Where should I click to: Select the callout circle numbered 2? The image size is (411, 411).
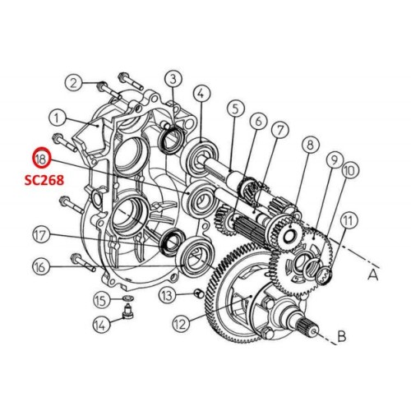click(75, 82)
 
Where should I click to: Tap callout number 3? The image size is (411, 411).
click(173, 79)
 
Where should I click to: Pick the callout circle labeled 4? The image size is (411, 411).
click(201, 93)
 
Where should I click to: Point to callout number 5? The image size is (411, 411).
click(234, 107)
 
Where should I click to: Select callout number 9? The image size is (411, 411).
click(334, 159)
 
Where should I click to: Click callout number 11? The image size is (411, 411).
click(349, 219)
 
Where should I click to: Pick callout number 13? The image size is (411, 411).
click(167, 295)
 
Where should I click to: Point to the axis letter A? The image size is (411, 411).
click(373, 277)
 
